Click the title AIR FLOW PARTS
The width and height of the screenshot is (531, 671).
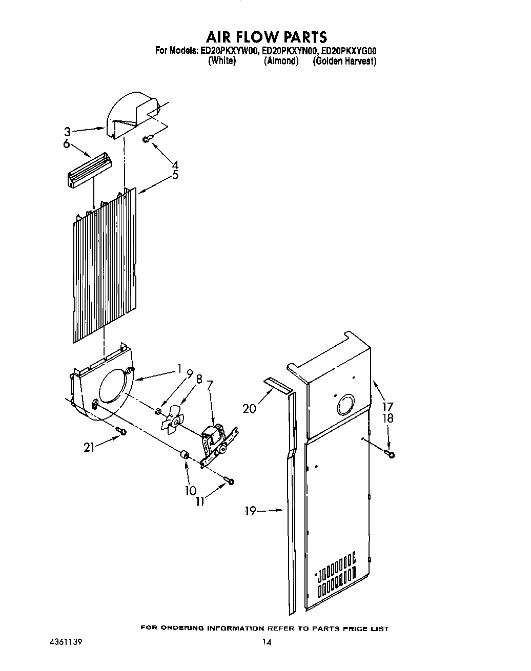(266, 37)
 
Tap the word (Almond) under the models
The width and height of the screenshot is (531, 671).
(281, 61)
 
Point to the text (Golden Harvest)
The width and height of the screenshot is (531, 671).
(344, 61)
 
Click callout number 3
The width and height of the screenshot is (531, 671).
(67, 132)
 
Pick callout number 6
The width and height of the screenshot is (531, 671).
(66, 144)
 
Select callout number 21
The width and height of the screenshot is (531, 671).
(89, 447)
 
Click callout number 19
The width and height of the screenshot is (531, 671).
(250, 511)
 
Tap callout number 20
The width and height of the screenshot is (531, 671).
(249, 409)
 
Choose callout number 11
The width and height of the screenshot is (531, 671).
(199, 502)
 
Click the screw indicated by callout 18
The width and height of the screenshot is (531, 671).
(391, 454)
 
